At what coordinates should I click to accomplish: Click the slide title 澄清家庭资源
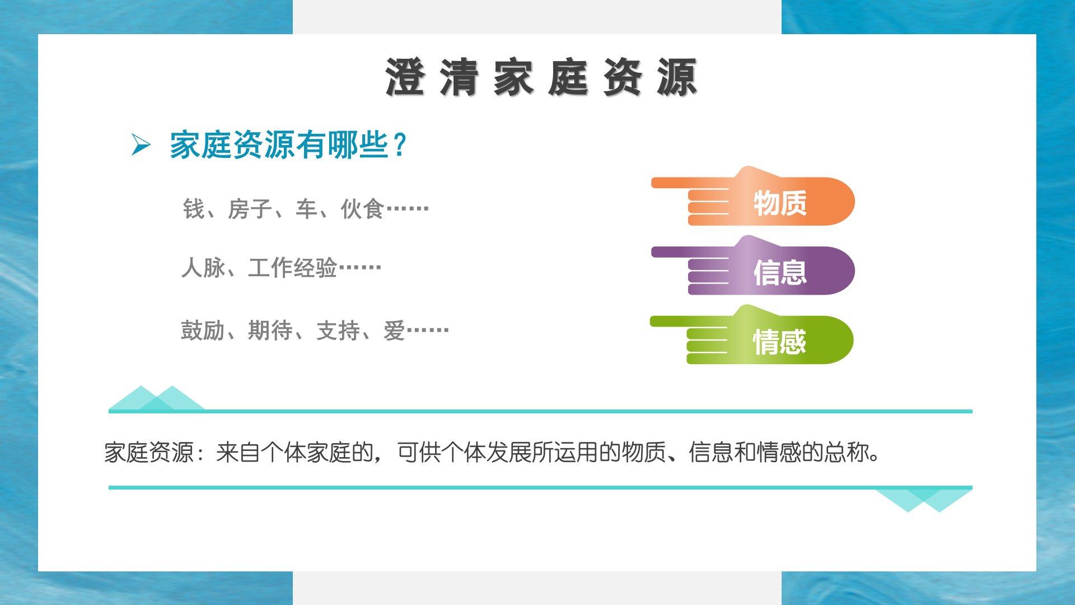[x=541, y=77]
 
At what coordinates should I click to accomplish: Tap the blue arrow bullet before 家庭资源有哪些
[x=141, y=145]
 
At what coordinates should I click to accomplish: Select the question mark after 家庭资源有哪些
[x=400, y=145]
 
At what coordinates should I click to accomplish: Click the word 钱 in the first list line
[x=194, y=209]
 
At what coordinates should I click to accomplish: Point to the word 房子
[x=250, y=209]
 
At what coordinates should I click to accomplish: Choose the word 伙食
[x=363, y=209]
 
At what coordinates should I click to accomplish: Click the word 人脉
[x=203, y=268]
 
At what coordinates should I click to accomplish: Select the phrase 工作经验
[x=293, y=268]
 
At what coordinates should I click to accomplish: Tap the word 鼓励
[x=203, y=331]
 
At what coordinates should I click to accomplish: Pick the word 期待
[x=270, y=331]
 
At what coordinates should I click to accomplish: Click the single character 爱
[x=394, y=331]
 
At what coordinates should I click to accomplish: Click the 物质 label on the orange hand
[x=780, y=203]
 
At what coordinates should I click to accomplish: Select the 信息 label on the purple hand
[x=780, y=272]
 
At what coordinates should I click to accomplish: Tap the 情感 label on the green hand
[x=779, y=342]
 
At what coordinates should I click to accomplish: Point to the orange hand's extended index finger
[x=694, y=183]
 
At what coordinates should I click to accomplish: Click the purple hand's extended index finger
[x=694, y=252]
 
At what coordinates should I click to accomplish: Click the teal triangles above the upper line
[x=157, y=398]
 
